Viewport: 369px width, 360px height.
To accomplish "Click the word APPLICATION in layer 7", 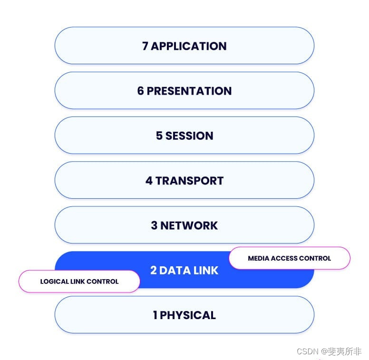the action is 189,46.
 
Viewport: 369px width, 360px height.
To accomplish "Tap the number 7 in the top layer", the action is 145,46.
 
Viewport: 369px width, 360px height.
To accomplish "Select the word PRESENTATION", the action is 189,91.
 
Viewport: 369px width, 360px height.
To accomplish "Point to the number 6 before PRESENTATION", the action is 140,91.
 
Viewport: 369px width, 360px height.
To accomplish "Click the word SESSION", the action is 189,136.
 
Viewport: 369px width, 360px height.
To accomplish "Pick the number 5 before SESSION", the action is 159,136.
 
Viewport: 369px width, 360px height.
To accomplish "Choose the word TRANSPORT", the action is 189,181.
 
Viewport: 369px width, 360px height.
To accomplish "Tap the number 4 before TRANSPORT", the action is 149,181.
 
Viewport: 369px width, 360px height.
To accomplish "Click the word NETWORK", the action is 189,225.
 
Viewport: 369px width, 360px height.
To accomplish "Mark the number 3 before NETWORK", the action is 154,225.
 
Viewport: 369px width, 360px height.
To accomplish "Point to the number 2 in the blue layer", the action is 154,270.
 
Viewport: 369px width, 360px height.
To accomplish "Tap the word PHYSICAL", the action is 188,315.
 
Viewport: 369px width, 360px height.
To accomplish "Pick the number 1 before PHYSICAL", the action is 155,315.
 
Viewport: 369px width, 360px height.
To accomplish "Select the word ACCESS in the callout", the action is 284,258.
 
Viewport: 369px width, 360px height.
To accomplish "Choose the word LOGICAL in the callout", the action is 54,281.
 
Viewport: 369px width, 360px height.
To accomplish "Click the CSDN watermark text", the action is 307,351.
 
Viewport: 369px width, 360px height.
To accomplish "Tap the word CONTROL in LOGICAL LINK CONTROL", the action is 103,281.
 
